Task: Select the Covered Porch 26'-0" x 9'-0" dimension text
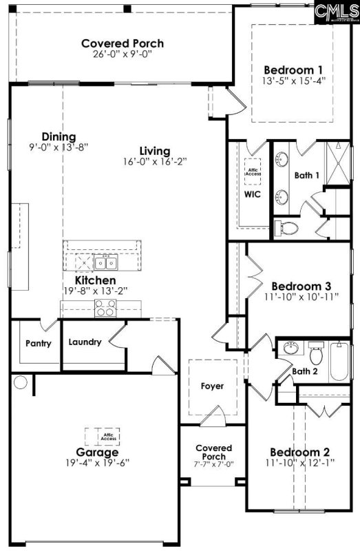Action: (x=123, y=56)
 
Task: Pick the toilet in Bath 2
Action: (x=316, y=354)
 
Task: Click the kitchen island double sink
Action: (x=105, y=262)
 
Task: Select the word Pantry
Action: (x=39, y=342)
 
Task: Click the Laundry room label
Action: (x=85, y=342)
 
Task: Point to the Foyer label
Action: (x=212, y=386)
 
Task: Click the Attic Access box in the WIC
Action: (x=252, y=172)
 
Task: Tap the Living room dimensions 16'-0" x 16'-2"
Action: (x=154, y=161)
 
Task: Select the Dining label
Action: (x=59, y=136)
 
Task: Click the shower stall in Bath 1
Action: (x=339, y=163)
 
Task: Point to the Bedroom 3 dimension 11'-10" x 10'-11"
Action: (x=301, y=298)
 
